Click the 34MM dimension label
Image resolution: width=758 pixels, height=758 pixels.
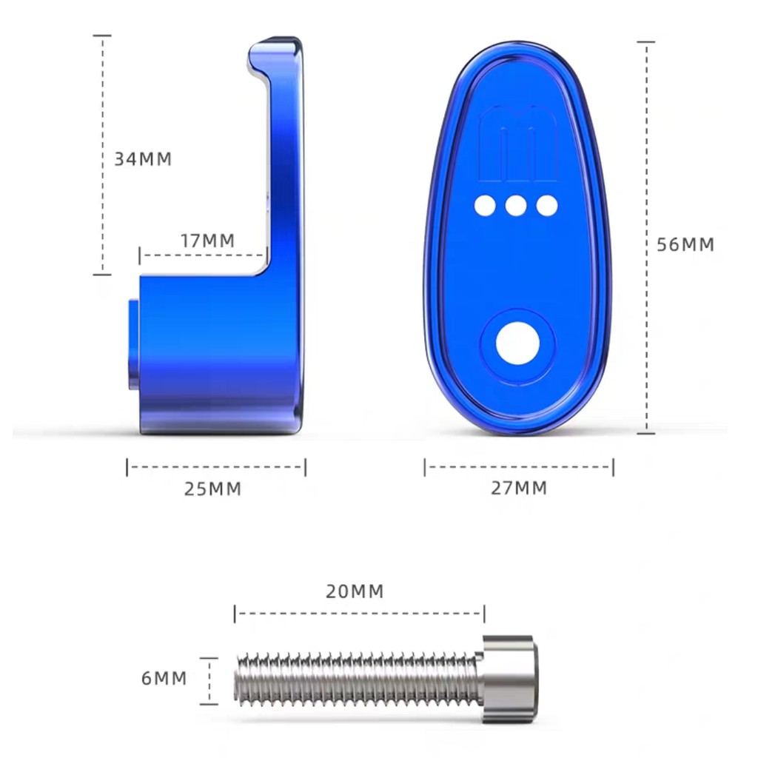click(143, 159)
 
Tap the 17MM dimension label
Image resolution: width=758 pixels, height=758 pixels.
click(208, 241)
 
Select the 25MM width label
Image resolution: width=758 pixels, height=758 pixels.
click(212, 489)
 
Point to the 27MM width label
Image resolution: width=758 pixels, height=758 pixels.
click(519, 489)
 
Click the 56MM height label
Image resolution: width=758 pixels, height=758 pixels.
click(685, 244)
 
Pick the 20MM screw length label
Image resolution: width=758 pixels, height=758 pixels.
click(355, 591)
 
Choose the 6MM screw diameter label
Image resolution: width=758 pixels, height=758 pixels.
click(164, 678)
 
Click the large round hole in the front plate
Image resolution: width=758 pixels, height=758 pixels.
click(517, 343)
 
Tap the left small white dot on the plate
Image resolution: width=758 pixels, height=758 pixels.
click(485, 206)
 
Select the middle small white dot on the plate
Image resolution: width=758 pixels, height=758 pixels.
click(516, 206)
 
